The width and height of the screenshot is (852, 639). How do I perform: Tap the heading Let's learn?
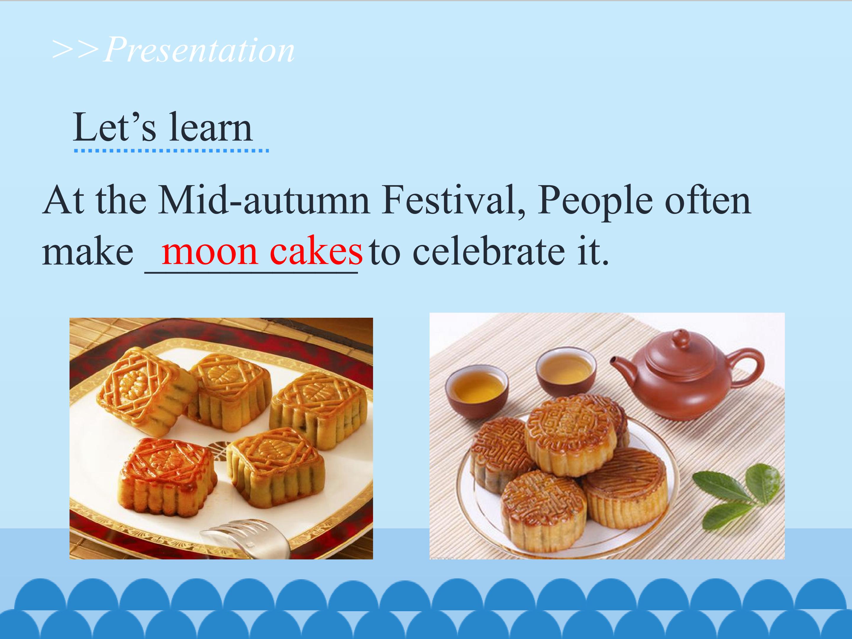tap(162, 127)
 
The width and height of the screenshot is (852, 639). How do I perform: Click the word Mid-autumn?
tap(264, 200)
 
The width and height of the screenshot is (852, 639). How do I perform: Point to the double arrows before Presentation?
tap(76, 50)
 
